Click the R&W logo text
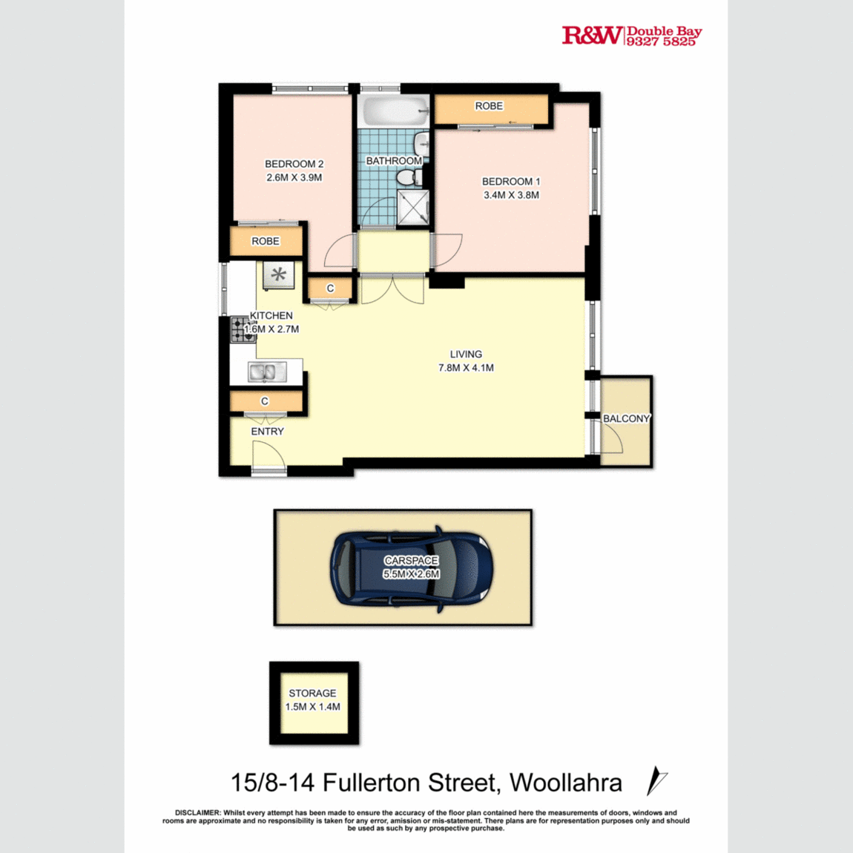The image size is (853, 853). tap(592, 35)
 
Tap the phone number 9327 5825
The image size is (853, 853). tap(662, 42)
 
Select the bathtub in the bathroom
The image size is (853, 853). tap(395, 112)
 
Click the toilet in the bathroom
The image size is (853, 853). tap(407, 177)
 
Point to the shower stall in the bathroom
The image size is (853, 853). tap(413, 207)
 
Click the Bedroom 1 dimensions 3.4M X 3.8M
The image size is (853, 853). tap(511, 195)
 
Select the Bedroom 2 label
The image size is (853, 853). tap(294, 164)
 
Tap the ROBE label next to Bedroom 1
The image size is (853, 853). tap(489, 106)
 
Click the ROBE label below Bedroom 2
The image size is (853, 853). tap(265, 241)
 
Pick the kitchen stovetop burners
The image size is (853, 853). tap(242, 329)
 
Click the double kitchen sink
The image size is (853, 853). tap(266, 372)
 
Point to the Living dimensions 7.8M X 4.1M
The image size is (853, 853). tap(466, 368)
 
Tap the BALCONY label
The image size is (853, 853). tap(626, 418)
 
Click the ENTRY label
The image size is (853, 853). tap(267, 431)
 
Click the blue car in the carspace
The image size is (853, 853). tap(411, 567)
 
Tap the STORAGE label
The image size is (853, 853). tap(312, 693)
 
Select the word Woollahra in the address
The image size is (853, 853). tap(566, 783)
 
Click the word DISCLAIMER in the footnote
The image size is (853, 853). tap(197, 813)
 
